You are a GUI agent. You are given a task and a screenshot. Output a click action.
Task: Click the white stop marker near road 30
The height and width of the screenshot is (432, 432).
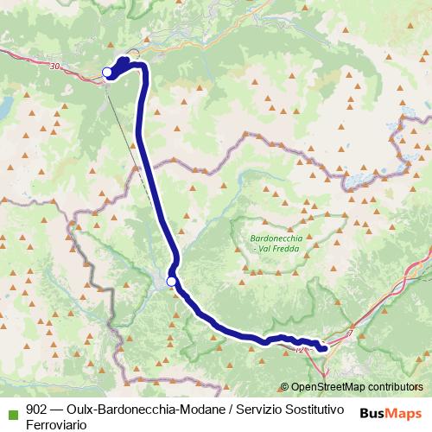tap(107, 72)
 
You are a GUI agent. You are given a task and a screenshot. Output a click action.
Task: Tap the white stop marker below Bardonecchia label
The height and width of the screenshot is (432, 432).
tap(171, 281)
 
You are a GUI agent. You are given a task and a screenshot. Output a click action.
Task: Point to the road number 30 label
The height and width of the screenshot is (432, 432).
tap(56, 66)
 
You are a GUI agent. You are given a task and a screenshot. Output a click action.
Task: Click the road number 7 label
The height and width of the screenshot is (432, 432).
tap(352, 333)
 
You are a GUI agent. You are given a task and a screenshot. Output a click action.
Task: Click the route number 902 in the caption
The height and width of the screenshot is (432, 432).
tap(36, 408)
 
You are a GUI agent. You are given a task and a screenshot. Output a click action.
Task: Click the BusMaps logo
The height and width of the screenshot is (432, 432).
tap(391, 410)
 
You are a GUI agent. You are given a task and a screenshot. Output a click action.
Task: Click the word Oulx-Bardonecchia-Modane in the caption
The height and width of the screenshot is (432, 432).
tap(143, 408)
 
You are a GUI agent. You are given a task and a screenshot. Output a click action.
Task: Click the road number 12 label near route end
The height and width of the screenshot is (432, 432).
tap(299, 351)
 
